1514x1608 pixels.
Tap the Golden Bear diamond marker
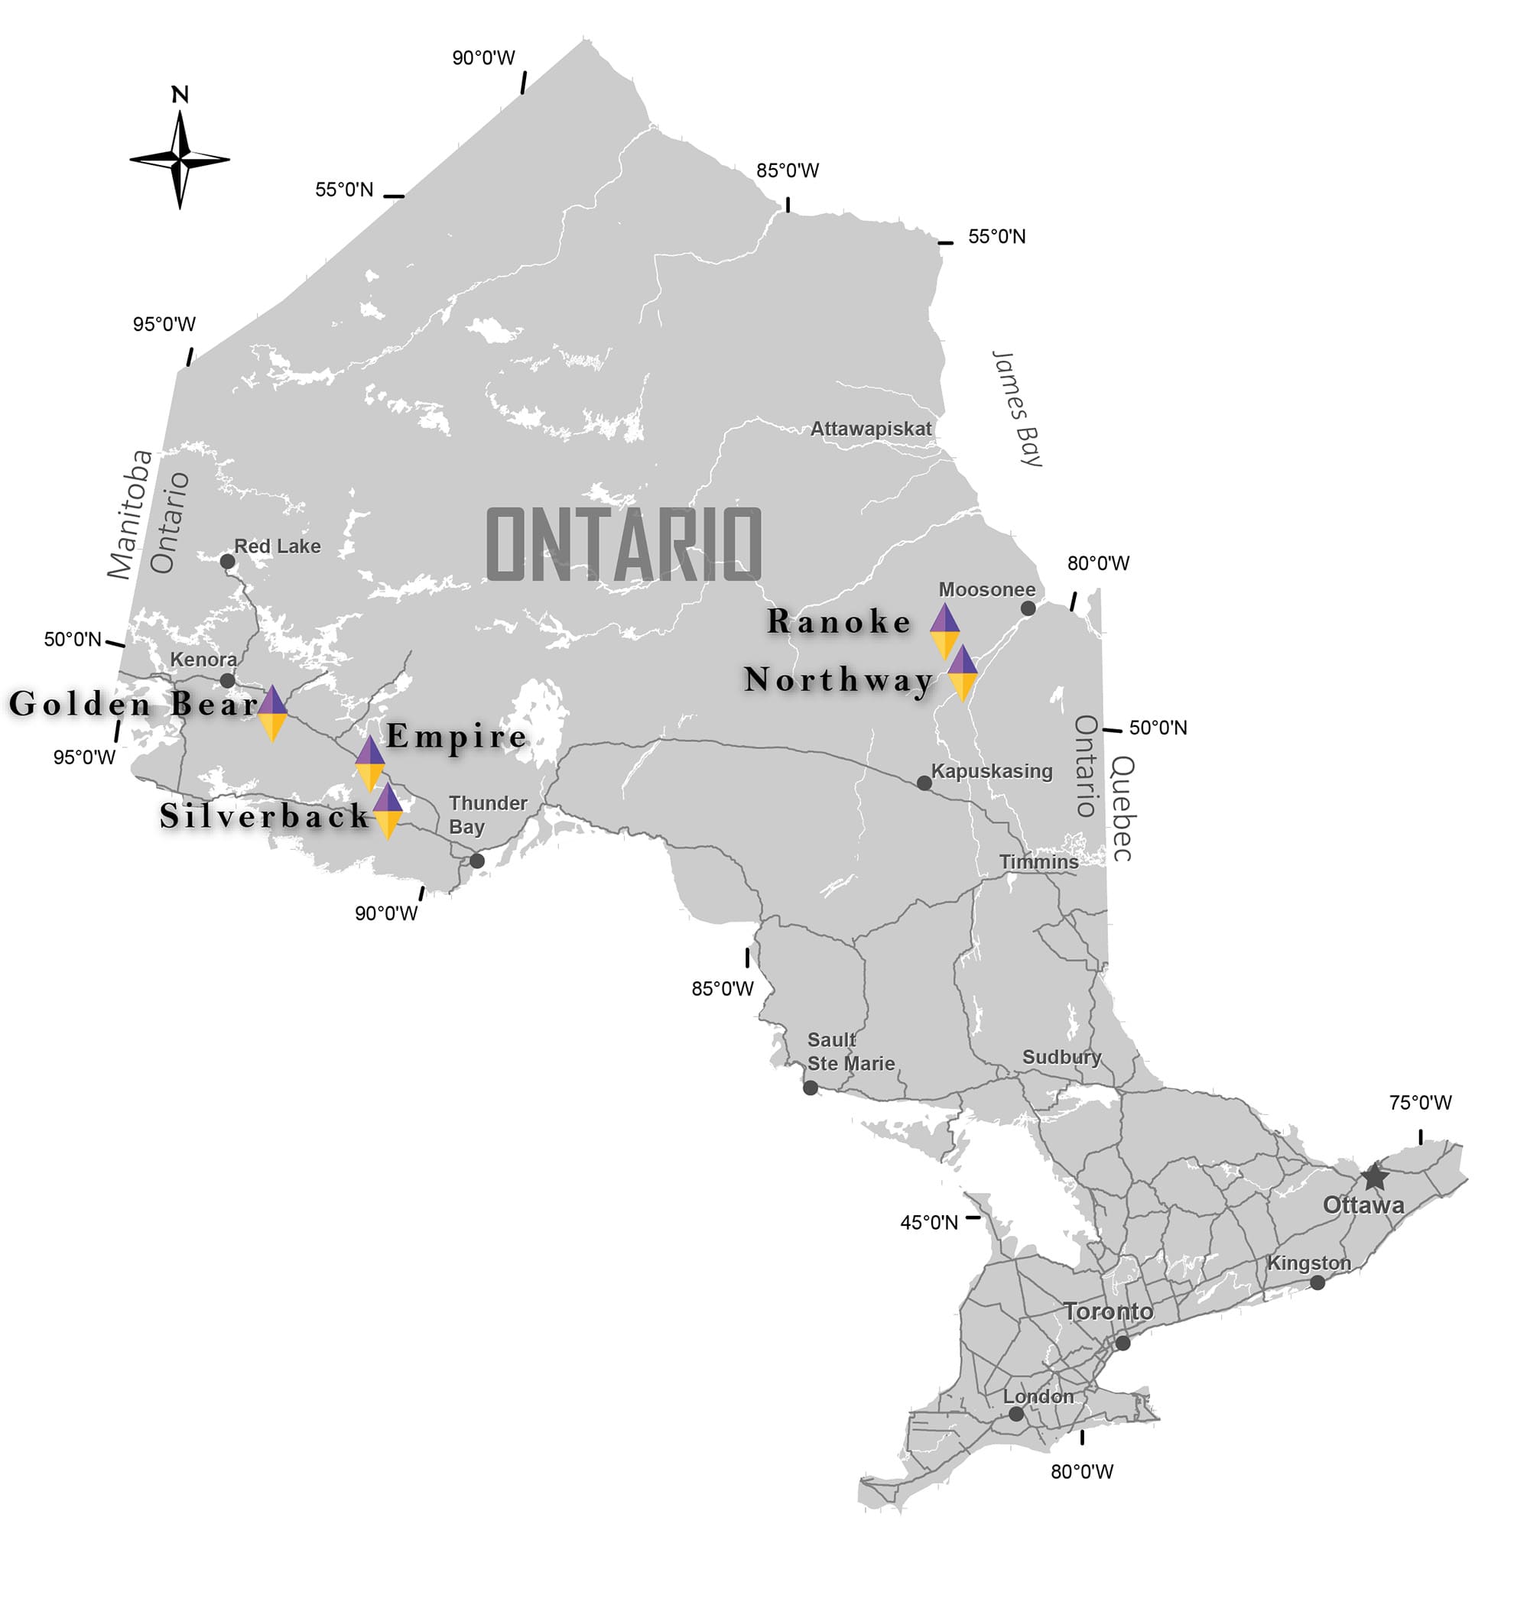[x=273, y=712]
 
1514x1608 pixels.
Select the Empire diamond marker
[x=370, y=763]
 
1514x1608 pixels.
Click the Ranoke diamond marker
[x=944, y=631]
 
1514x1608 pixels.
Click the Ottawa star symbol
[x=1374, y=1178]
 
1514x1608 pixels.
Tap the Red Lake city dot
[x=227, y=561]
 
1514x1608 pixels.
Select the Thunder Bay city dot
[x=477, y=861]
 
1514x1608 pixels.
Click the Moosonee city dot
[x=1028, y=608]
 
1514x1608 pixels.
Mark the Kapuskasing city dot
[x=924, y=783]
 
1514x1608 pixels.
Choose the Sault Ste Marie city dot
[x=810, y=1088]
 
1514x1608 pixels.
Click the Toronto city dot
[x=1123, y=1344]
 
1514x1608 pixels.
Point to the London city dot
[x=1016, y=1414]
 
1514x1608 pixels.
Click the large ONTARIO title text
[x=624, y=544]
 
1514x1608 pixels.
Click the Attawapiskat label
[x=871, y=429]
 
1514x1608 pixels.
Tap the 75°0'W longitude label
[x=1420, y=1103]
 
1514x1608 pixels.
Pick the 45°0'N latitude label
[x=929, y=1222]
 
